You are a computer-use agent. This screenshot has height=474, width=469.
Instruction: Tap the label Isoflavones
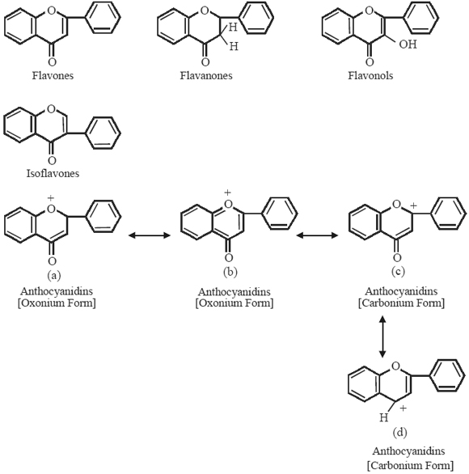click(51, 172)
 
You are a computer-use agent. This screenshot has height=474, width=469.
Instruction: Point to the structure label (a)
click(51, 273)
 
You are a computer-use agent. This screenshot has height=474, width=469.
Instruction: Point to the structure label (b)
click(229, 274)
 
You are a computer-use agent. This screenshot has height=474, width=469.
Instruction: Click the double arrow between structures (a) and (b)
click(148, 235)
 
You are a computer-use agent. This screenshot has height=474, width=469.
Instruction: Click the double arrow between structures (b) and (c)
click(317, 235)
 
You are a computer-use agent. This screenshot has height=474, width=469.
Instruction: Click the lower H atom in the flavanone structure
click(234, 49)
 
